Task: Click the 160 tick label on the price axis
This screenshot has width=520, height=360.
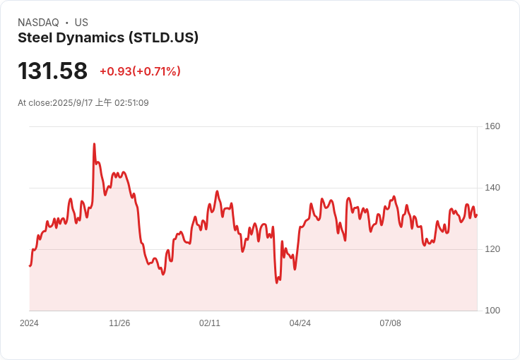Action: pyautogui.click(x=492, y=126)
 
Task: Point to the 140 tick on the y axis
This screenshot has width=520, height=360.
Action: pyautogui.click(x=492, y=188)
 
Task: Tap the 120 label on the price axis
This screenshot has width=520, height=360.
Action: pyautogui.click(x=492, y=249)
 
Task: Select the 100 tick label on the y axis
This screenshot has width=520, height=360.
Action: pyautogui.click(x=492, y=311)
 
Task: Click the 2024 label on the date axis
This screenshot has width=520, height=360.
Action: pyautogui.click(x=29, y=323)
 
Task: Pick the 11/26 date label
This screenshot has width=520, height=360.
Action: pyautogui.click(x=119, y=323)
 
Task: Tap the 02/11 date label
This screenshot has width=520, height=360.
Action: pyautogui.click(x=210, y=323)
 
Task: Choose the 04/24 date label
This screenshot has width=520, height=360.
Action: pyautogui.click(x=300, y=323)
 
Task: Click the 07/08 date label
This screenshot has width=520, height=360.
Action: pyautogui.click(x=390, y=323)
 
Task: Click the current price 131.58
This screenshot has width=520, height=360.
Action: pyautogui.click(x=52, y=71)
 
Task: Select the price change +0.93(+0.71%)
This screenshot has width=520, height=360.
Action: pyautogui.click(x=141, y=71)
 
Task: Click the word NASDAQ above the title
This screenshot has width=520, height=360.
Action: pyautogui.click(x=38, y=23)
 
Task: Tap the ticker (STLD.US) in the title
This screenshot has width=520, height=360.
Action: pyautogui.click(x=163, y=37)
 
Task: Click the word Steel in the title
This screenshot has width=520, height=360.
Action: pyautogui.click(x=35, y=37)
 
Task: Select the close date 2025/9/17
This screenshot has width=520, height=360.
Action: pyautogui.click(x=73, y=103)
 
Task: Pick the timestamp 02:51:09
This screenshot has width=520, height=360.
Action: pyautogui.click(x=131, y=103)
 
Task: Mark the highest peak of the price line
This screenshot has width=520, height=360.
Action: pyautogui.click(x=94, y=144)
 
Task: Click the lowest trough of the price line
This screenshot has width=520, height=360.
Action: pyautogui.click(x=277, y=283)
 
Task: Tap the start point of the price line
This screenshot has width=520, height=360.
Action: pyautogui.click(x=30, y=265)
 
